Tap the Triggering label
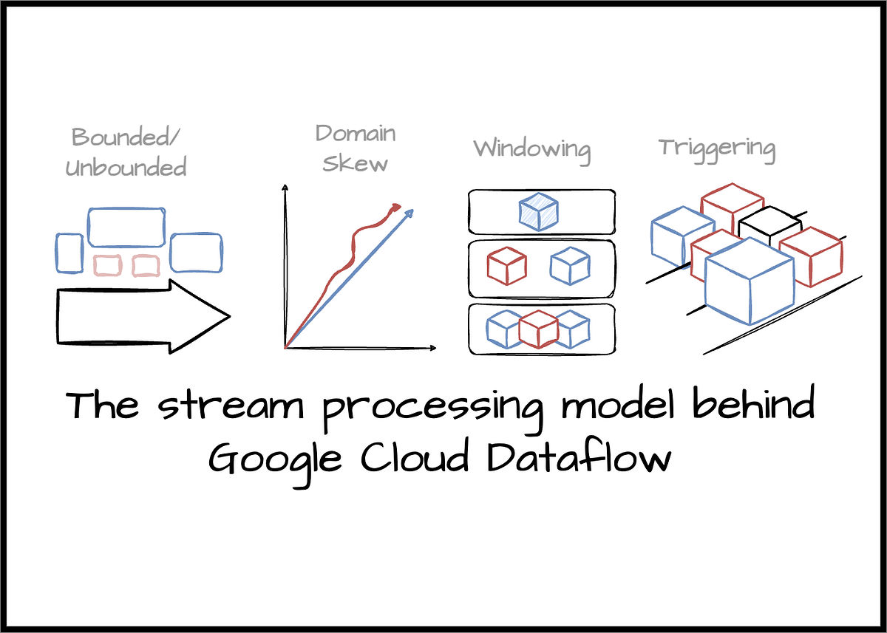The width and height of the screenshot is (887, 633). pyautogui.click(x=717, y=148)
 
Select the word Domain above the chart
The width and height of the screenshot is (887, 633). pyautogui.click(x=356, y=134)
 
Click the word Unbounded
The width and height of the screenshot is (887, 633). pyautogui.click(x=126, y=168)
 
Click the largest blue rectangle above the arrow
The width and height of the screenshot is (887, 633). pyautogui.click(x=126, y=226)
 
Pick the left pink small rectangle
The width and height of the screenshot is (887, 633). pyautogui.click(x=109, y=264)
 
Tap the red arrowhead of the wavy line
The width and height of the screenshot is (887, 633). pyautogui.click(x=396, y=207)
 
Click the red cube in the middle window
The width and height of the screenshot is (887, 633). pyautogui.click(x=506, y=266)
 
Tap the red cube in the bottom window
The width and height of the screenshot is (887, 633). pyautogui.click(x=537, y=329)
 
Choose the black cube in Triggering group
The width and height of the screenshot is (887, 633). pyautogui.click(x=769, y=225)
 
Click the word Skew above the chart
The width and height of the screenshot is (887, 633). pyautogui.click(x=356, y=163)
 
